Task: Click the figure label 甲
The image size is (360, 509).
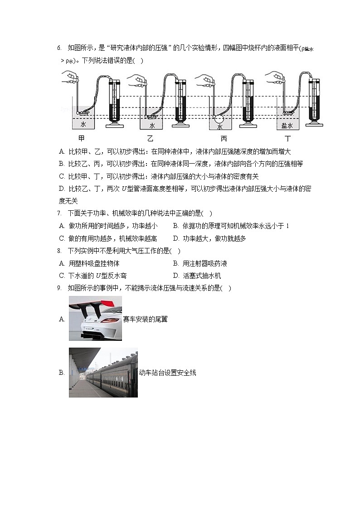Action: tap(81, 138)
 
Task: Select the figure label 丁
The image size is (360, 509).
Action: tap(287, 138)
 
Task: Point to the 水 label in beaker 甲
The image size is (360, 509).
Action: tap(83, 124)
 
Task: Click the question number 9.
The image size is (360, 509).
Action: tap(59, 288)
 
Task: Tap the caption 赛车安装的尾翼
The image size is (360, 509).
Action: tap(145, 319)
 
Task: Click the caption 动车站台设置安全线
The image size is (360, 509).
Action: tap(167, 373)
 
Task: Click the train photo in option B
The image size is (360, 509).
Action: tap(103, 373)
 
